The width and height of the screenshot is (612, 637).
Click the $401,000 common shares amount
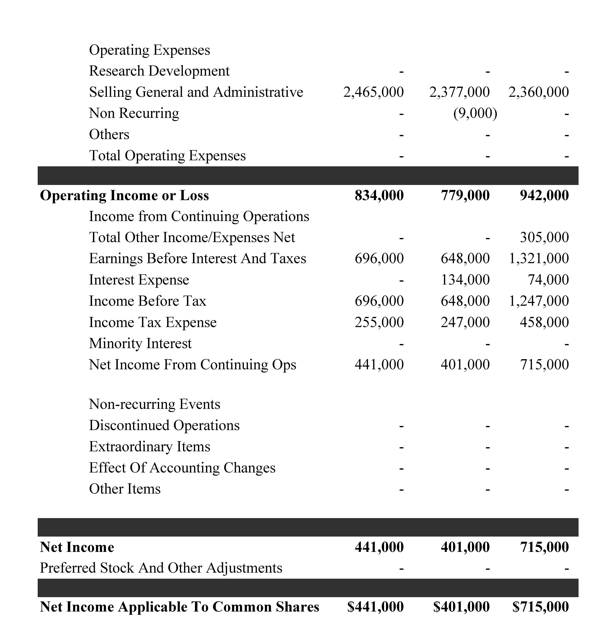point(461,607)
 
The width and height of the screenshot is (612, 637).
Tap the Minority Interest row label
point(140,344)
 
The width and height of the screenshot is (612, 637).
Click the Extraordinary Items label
point(149,447)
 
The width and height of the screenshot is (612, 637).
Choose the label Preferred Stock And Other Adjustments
point(161,568)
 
